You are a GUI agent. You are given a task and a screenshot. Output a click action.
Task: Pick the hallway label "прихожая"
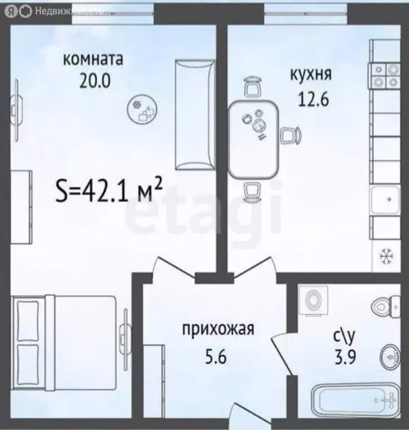(x=218, y=329)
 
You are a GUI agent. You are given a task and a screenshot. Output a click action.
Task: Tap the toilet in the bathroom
(x=386, y=305)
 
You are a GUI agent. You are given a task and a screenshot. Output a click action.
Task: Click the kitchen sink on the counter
(x=385, y=198)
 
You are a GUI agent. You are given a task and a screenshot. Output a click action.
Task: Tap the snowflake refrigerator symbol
(x=385, y=255)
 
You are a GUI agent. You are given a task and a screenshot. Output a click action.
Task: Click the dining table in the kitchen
(x=253, y=137)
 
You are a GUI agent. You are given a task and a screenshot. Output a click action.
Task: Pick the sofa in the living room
(x=194, y=115)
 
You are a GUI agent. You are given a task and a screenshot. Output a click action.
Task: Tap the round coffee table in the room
(x=141, y=109)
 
